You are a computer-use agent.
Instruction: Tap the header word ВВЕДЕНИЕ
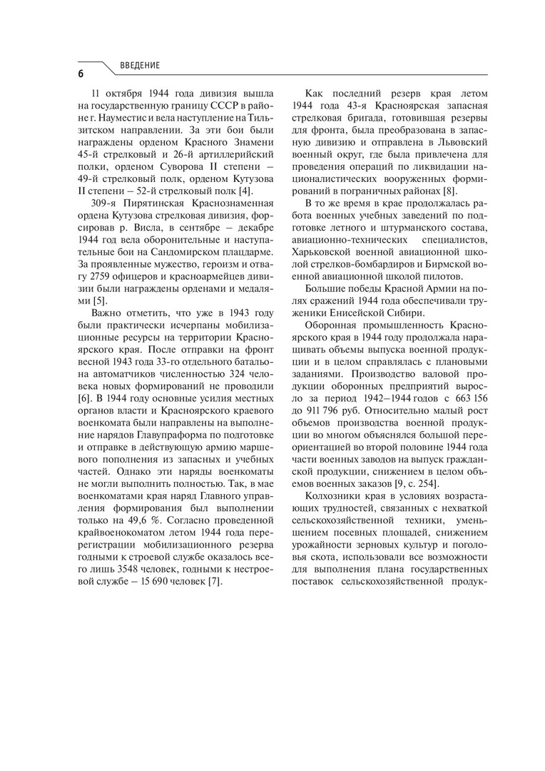click(x=141, y=66)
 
